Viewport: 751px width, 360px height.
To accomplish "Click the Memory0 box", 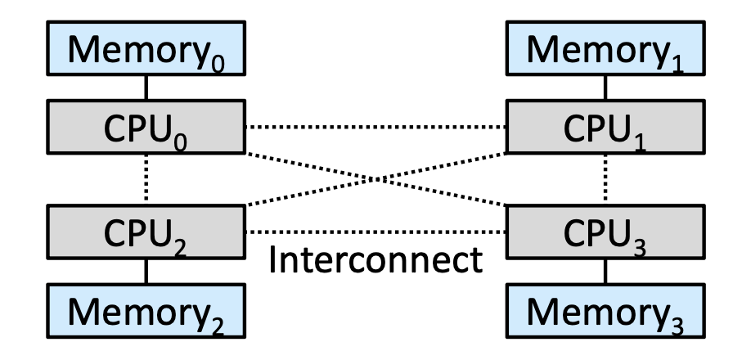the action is pyautogui.click(x=146, y=48).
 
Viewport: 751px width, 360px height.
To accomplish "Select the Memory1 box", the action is pyautogui.click(x=605, y=48).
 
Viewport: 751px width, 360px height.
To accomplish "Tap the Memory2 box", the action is pyautogui.click(x=146, y=311).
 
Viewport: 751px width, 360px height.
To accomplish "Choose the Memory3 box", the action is pyautogui.click(x=605, y=311).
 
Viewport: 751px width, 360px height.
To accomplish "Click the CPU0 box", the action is pyautogui.click(x=146, y=127).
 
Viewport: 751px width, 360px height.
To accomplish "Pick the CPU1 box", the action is pyautogui.click(x=605, y=127).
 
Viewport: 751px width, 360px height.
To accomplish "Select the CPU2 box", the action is pyautogui.click(x=146, y=232).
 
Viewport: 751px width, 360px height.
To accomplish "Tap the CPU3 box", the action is pyautogui.click(x=605, y=232).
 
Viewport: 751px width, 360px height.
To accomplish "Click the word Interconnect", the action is pyautogui.click(x=375, y=260).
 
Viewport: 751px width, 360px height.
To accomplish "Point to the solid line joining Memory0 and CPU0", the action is pyautogui.click(x=146, y=88).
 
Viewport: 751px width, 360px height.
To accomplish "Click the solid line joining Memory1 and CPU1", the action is pyautogui.click(x=605, y=88).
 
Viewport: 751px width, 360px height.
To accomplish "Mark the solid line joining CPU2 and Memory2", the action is pyautogui.click(x=146, y=272).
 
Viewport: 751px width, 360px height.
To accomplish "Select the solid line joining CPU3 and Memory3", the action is pyautogui.click(x=605, y=272).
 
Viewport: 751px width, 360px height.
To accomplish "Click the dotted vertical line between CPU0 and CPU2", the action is pyautogui.click(x=146, y=179).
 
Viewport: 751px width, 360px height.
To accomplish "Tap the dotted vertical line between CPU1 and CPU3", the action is pyautogui.click(x=605, y=179).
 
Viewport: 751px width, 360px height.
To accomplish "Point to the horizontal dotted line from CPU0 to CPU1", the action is pyautogui.click(x=376, y=127).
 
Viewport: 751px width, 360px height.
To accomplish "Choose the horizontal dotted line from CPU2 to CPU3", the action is pyautogui.click(x=376, y=232).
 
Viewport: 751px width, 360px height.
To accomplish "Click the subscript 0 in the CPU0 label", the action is pyautogui.click(x=180, y=142).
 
